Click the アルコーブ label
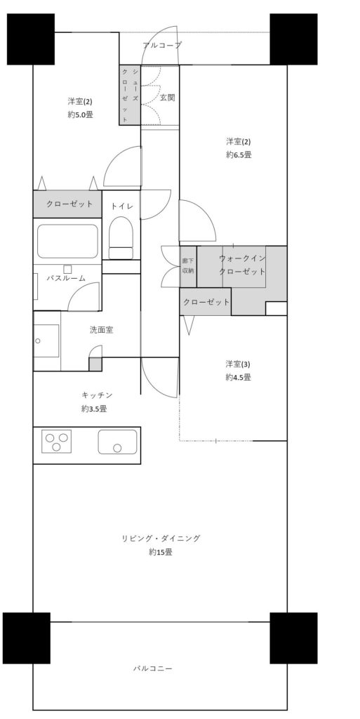pyautogui.click(x=162, y=46)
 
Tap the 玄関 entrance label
pyautogui.click(x=167, y=98)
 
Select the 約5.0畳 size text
pyautogui.click(x=81, y=114)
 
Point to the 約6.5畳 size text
pyautogui.click(x=239, y=155)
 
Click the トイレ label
pyautogui.click(x=122, y=206)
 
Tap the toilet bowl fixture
pyautogui.click(x=121, y=238)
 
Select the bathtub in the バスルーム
pyautogui.click(x=68, y=242)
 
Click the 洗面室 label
pyautogui.click(x=101, y=330)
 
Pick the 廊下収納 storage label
pyautogui.click(x=188, y=266)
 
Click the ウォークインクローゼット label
pyautogui.click(x=242, y=265)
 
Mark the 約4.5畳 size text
pyautogui.click(x=238, y=378)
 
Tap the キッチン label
pyautogui.click(x=97, y=395)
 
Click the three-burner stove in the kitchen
pyautogui.click(x=57, y=441)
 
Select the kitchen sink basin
pyautogui.click(x=117, y=442)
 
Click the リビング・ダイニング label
pyautogui.click(x=161, y=539)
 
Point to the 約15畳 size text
pyautogui.click(x=161, y=553)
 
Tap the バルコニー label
pyautogui.click(x=153, y=668)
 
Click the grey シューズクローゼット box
pyautogui.click(x=130, y=95)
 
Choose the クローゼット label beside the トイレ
pyautogui.click(x=69, y=204)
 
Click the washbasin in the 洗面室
pyautogui.click(x=46, y=341)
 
